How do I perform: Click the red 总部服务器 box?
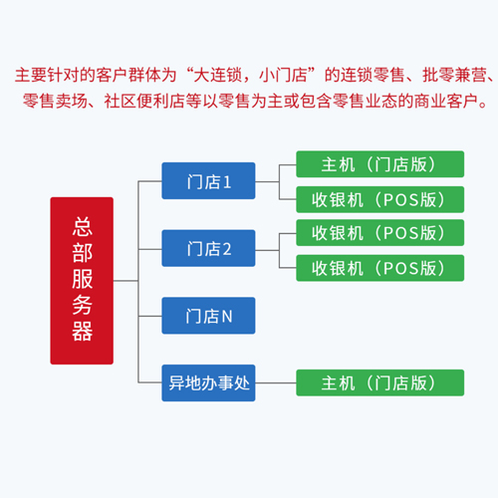point(82,281)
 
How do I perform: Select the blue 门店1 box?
point(208,181)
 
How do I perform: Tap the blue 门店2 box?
point(208,248)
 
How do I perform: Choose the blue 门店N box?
point(208,316)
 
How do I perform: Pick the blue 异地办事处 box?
point(208,383)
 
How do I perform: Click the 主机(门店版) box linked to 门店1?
point(380,164)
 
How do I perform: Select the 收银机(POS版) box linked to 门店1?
point(380,199)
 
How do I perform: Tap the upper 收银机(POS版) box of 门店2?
point(380,233)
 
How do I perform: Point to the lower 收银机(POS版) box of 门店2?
point(380,268)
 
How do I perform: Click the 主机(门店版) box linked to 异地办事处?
point(380,382)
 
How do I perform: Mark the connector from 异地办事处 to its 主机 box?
point(276,382)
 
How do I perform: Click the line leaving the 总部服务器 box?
point(125,281)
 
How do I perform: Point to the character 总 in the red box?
point(82,227)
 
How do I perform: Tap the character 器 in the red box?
point(82,332)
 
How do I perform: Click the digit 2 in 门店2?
point(227,249)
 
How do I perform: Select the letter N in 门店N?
point(227,317)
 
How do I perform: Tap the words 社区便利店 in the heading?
point(144,101)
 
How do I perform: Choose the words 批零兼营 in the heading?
point(454,75)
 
